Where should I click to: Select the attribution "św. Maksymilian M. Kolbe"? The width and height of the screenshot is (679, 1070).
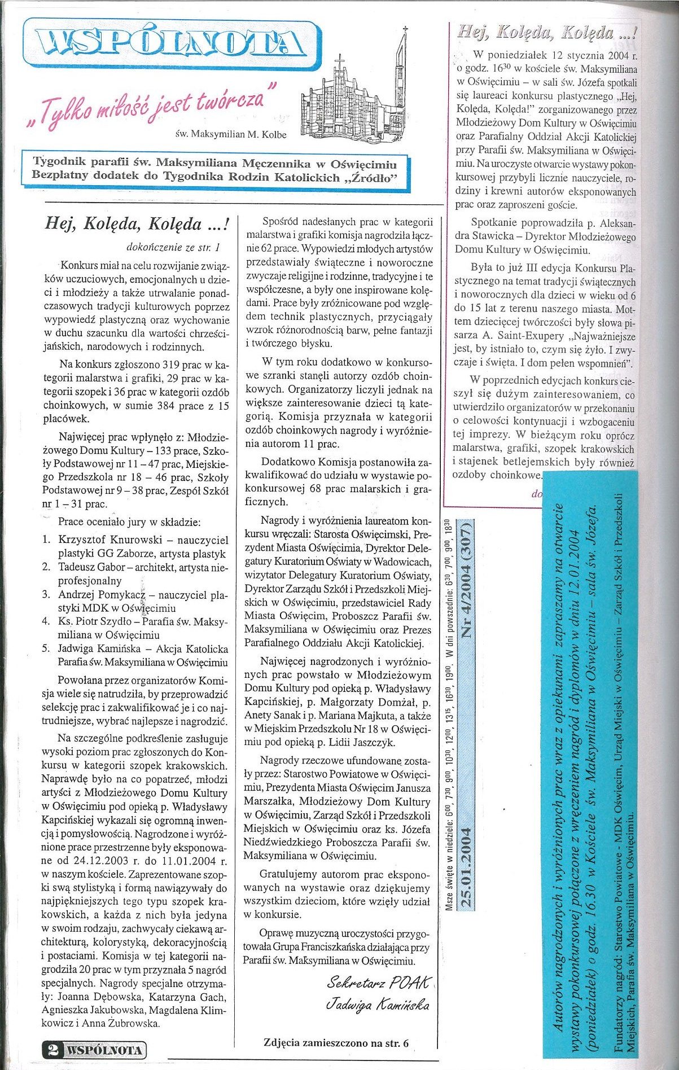coord(231,135)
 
